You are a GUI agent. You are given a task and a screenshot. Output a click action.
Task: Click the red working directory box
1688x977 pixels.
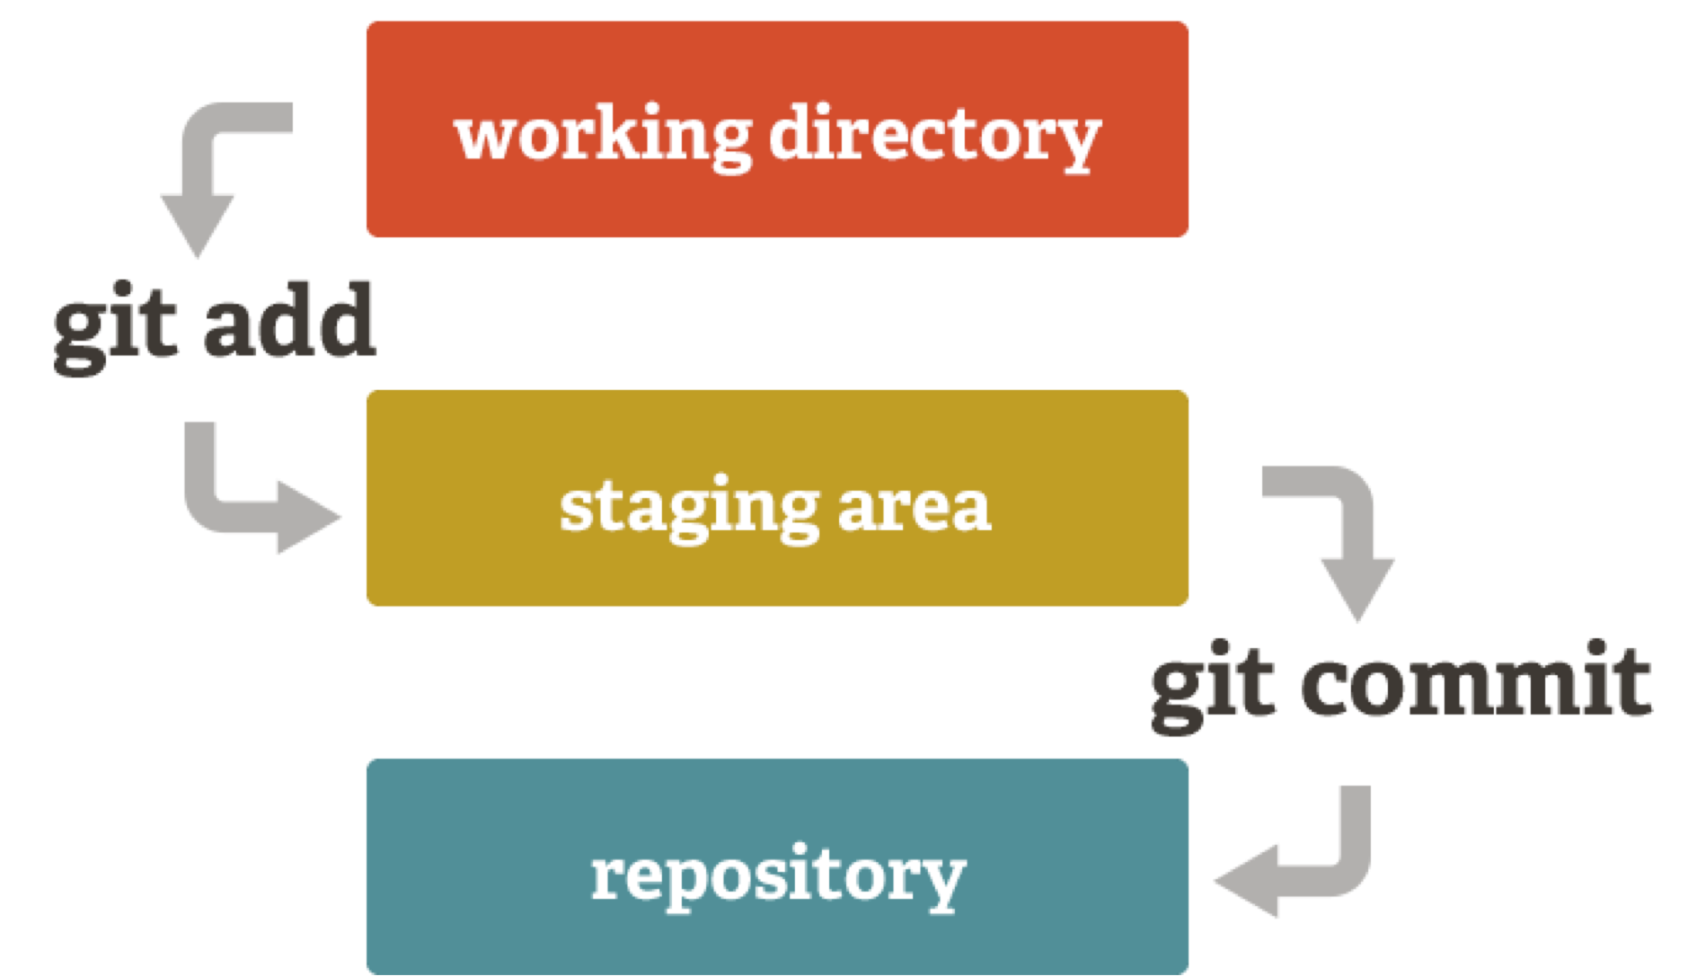pyautogui.click(x=777, y=129)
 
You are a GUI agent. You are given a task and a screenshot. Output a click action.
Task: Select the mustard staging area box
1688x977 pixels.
pyautogui.click(x=777, y=498)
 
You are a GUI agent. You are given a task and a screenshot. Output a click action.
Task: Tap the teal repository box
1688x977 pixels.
pyautogui.click(x=777, y=866)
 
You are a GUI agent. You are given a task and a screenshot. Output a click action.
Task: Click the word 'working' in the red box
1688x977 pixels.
pyautogui.click(x=604, y=137)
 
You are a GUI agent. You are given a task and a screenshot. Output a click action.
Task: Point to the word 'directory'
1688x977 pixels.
pyautogui.click(x=935, y=137)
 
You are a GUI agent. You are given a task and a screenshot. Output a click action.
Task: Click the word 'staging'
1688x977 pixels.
pyautogui.click(x=690, y=509)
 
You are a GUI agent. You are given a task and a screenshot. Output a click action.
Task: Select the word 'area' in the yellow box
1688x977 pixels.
pyautogui.click(x=915, y=509)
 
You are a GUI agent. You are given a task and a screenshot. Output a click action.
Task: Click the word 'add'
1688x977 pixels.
pyautogui.click(x=288, y=320)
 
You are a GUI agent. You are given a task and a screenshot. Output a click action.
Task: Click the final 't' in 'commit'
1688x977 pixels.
pyautogui.click(x=1632, y=683)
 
